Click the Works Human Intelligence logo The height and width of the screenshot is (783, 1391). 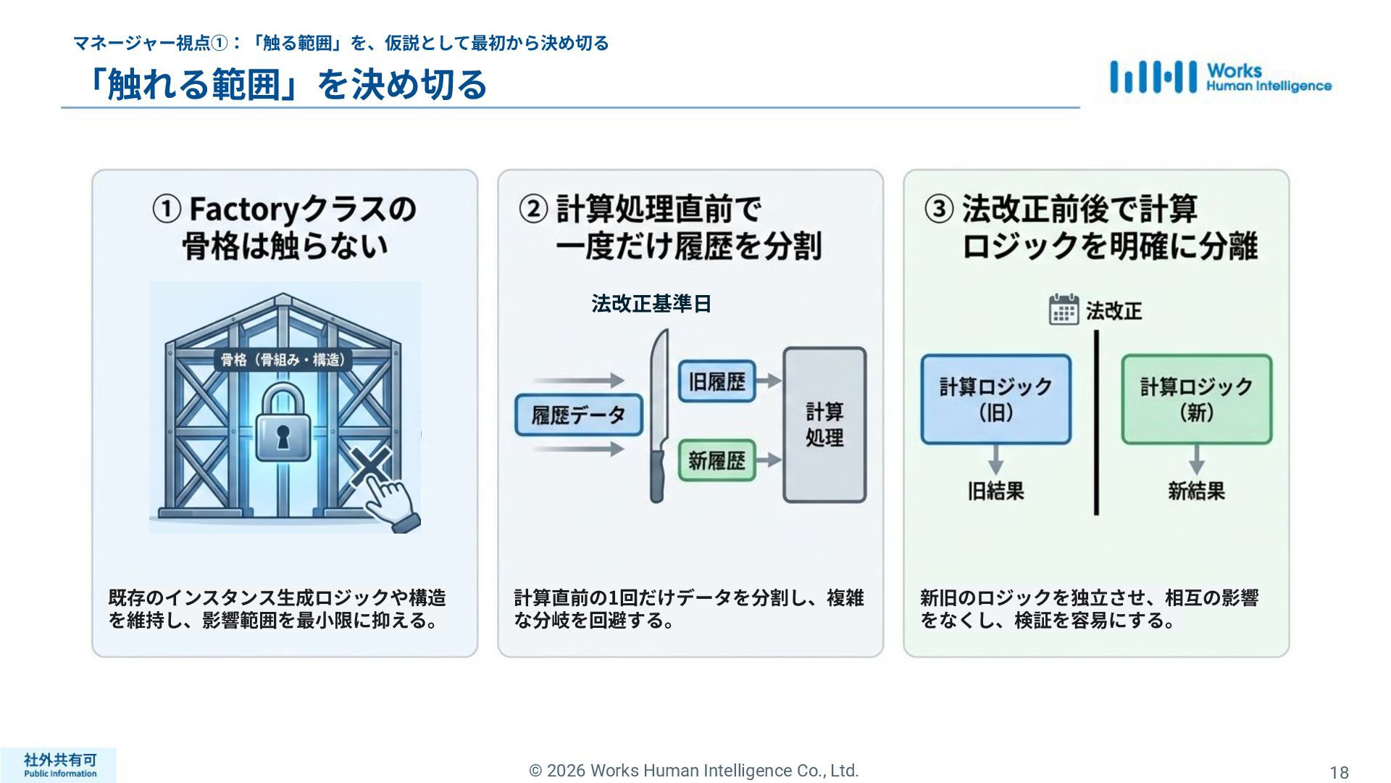coord(1220,77)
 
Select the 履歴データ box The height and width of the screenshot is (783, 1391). coord(578,415)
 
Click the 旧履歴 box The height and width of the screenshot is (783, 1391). coord(717,381)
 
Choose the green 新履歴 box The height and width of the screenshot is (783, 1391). coord(717,460)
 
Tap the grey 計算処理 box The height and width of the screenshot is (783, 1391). coord(824,425)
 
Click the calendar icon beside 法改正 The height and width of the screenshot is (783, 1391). coord(1064,310)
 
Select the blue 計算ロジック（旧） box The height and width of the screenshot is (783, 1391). coord(995,399)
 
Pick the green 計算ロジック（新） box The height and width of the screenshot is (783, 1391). coord(1196,399)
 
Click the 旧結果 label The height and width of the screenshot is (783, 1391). coord(995,492)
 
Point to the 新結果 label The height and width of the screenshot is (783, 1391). coord(1196,492)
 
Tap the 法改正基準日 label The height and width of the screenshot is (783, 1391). coord(651,304)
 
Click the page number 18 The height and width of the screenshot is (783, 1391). coord(1339,772)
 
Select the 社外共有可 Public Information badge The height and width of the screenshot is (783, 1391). coord(59,765)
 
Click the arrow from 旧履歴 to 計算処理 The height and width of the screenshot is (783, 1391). coord(769,381)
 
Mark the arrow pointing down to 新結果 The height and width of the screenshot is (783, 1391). coord(1196,460)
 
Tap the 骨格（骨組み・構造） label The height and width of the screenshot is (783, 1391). coord(282,360)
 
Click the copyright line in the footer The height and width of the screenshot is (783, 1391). coord(694,771)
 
